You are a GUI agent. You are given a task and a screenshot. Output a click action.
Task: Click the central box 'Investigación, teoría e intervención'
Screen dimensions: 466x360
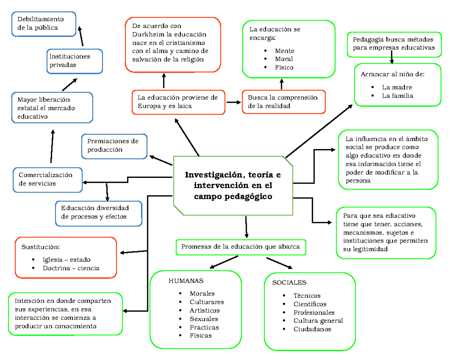(233, 186)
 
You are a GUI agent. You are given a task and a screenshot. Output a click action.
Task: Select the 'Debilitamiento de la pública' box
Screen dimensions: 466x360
(44, 24)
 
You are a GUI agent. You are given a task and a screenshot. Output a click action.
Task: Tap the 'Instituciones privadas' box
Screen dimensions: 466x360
(75, 61)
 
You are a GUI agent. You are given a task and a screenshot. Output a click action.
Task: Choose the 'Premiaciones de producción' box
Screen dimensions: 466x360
(114, 146)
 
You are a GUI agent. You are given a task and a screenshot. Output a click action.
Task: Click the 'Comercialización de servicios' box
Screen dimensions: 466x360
(48, 180)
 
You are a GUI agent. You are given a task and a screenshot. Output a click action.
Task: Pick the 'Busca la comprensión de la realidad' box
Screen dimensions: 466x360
(284, 102)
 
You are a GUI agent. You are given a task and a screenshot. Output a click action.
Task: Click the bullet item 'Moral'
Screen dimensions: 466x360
(284, 59)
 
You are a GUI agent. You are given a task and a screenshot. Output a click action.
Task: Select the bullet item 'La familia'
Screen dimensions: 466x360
(397, 96)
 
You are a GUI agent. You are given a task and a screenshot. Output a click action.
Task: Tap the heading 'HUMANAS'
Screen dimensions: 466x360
(186, 281)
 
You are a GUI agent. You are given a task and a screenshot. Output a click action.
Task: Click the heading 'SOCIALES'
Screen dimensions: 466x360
(289, 283)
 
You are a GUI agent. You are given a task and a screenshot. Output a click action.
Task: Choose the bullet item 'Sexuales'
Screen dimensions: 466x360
(204, 319)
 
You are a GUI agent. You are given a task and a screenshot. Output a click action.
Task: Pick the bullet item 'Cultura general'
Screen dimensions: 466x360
(318, 321)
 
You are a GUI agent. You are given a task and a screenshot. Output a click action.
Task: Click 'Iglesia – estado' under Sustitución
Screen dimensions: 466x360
(66, 260)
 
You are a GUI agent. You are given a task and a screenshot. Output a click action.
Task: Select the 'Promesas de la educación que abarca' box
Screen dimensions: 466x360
(241, 247)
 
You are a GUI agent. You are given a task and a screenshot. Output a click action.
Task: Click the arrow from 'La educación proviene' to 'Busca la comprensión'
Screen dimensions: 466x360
(233, 103)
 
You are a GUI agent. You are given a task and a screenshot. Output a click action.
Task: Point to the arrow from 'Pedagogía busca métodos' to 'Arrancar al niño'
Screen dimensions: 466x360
(392, 57)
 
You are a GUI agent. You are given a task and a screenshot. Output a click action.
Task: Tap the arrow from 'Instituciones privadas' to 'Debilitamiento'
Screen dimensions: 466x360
(81, 36)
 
